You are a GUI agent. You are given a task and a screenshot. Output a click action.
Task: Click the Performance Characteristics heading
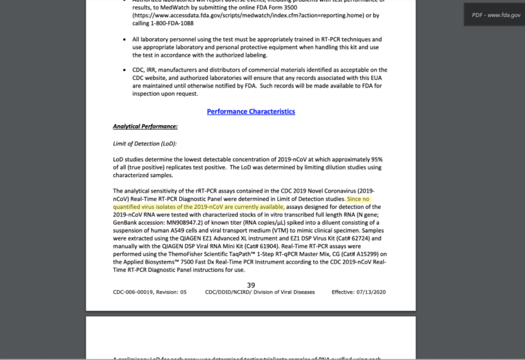point(251,111)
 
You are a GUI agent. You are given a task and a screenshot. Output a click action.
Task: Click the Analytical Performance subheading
point(145,126)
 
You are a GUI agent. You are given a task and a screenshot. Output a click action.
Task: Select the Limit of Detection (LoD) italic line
point(144,143)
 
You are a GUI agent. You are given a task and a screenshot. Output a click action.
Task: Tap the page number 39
point(251,286)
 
